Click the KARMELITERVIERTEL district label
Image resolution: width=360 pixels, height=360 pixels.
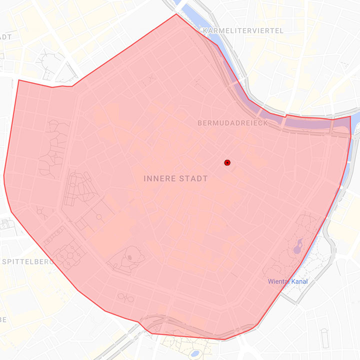(x=243, y=31)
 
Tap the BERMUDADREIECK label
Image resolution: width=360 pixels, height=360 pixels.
(x=232, y=123)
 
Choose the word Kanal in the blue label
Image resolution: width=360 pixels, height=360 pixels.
(x=299, y=281)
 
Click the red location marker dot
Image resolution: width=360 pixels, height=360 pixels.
(x=227, y=162)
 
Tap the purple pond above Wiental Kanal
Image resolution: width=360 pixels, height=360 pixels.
(x=298, y=245)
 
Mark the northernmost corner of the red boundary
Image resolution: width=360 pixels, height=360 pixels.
(x=176, y=14)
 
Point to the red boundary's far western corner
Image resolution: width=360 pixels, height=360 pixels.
(x=4, y=175)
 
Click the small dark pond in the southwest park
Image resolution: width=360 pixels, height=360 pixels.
(x=130, y=257)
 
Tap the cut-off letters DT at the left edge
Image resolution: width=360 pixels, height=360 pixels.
(x=5, y=37)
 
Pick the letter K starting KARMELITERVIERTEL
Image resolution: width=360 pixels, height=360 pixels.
(x=205, y=31)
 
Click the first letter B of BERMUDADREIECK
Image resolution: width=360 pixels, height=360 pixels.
(x=200, y=123)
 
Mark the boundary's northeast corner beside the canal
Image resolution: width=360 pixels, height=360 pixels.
(x=350, y=116)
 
